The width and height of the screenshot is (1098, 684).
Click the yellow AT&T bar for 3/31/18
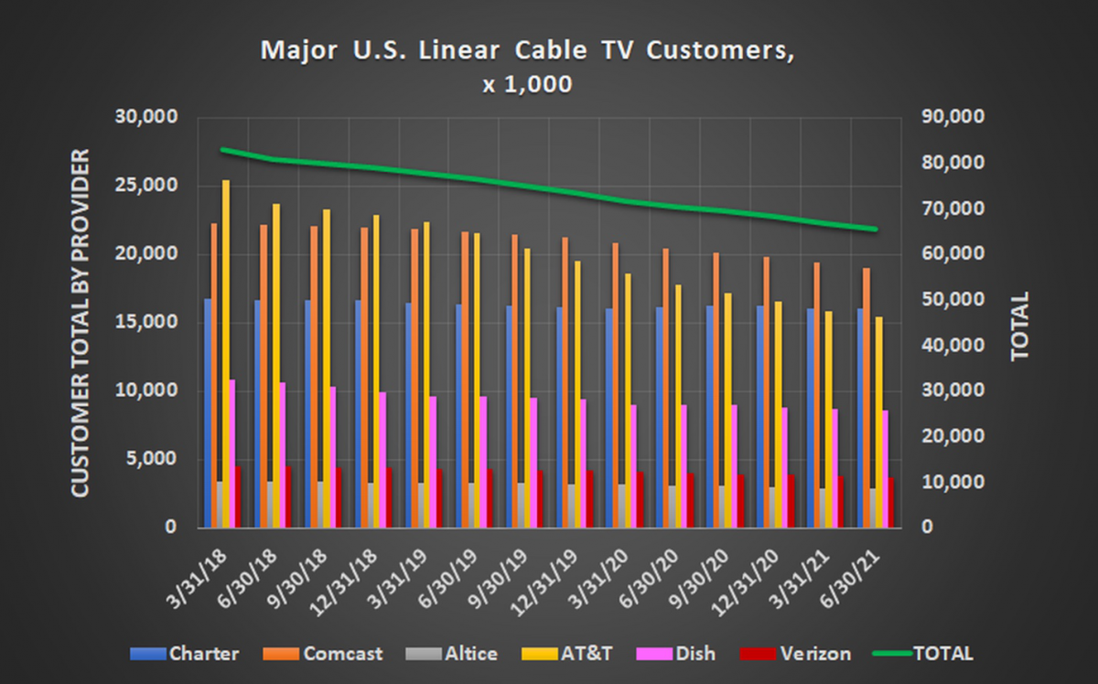(x=226, y=357)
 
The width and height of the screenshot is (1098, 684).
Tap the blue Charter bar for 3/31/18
(x=208, y=411)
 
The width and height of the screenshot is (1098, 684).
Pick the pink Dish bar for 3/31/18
(x=232, y=453)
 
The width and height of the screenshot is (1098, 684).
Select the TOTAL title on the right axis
(x=1020, y=326)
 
